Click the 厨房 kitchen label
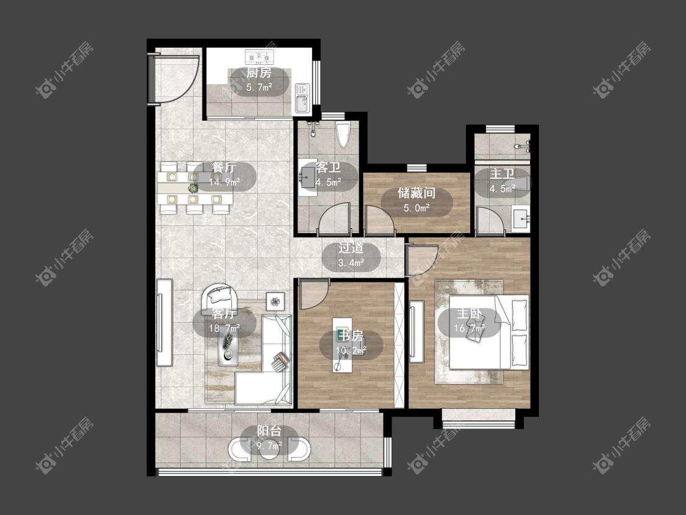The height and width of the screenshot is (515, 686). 259,73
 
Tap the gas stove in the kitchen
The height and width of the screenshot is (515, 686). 259,56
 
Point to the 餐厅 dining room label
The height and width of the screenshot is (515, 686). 224,167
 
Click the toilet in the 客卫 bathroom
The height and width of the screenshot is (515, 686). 343,134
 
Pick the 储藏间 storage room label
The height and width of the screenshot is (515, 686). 416,193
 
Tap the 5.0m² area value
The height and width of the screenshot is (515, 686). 416,208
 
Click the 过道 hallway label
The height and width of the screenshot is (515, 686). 351,248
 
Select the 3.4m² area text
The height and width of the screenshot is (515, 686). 351,263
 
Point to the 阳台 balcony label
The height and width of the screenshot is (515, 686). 269,431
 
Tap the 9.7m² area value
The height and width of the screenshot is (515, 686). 269,446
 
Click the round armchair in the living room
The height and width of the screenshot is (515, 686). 220,297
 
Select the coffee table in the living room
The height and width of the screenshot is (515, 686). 228,347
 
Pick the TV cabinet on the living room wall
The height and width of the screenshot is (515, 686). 165,322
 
